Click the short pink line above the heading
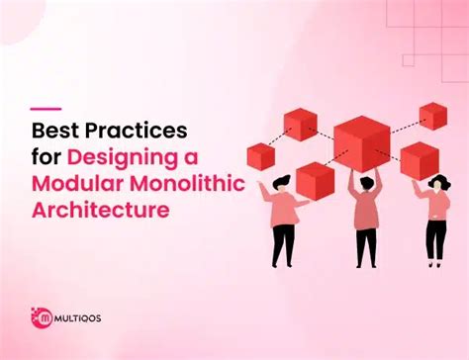click(46, 108)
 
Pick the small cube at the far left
click(259, 155)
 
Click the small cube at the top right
click(433, 115)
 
